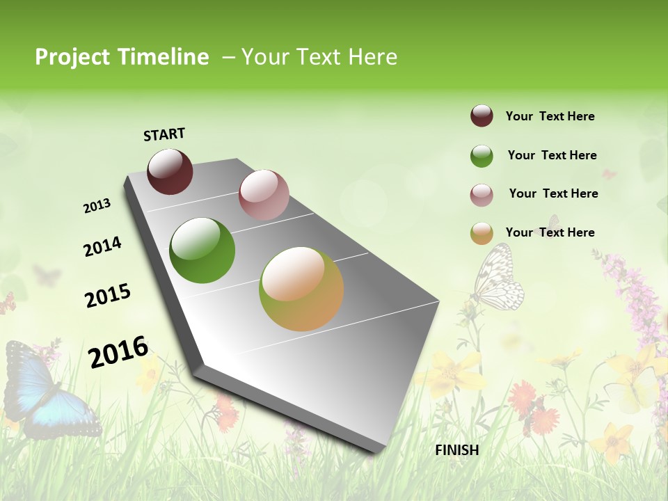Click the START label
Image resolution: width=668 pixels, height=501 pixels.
(164, 134)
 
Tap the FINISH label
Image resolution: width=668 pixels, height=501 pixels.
(456, 450)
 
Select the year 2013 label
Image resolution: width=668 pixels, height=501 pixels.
(97, 206)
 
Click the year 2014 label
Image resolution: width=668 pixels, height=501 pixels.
(102, 246)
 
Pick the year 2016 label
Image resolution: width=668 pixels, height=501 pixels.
(118, 352)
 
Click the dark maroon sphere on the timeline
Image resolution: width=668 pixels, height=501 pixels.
(170, 171)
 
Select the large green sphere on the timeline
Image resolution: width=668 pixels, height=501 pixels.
(202, 250)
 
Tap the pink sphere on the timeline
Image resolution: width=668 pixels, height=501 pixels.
(264, 195)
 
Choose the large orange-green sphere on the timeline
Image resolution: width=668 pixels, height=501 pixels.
(301, 289)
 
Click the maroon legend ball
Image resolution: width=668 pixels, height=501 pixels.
(482, 116)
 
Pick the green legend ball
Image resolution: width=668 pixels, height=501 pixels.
(482, 156)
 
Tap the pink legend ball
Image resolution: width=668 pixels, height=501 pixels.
(482, 195)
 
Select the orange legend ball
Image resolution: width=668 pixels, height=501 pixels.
(482, 233)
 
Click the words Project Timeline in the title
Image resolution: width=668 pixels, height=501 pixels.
(122, 57)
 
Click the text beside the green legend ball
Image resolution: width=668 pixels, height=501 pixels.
(552, 155)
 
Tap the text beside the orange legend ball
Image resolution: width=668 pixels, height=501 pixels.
(550, 232)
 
